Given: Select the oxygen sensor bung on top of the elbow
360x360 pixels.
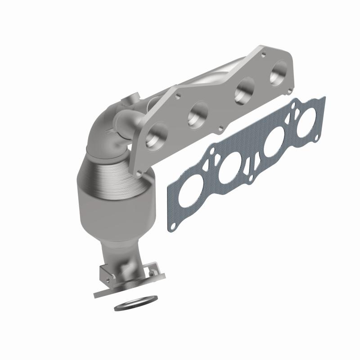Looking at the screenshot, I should click(x=132, y=98).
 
